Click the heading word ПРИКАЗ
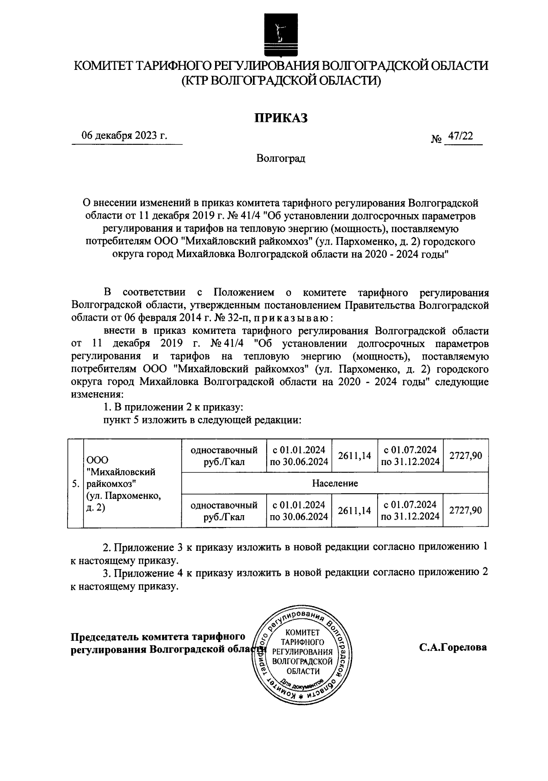tap(281, 118)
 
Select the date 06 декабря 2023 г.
tap(124, 136)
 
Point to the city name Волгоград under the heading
tap(280, 159)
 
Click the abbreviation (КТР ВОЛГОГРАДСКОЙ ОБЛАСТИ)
tap(281, 81)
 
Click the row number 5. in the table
tap(76, 484)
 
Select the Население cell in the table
tap(335, 483)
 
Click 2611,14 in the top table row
tap(354, 455)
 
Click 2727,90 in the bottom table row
tap(465, 510)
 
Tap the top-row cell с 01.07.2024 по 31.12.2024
tap(410, 455)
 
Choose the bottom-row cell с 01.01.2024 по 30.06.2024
tap(299, 511)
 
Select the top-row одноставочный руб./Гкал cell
tap(224, 455)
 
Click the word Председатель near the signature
tap(105, 637)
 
